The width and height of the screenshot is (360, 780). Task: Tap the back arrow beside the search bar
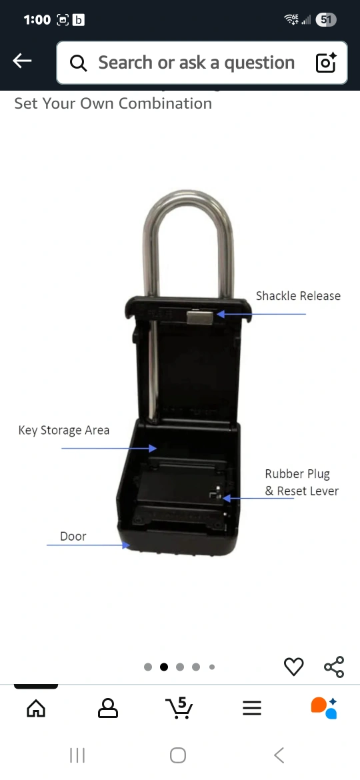click(22, 61)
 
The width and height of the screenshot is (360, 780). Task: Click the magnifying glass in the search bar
click(79, 63)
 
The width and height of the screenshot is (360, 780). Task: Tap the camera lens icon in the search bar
click(326, 63)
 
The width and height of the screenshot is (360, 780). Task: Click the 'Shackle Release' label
click(298, 296)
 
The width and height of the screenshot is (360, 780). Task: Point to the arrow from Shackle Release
click(261, 314)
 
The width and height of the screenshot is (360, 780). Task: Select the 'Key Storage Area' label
click(63, 430)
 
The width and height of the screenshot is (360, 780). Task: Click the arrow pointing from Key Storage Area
click(109, 448)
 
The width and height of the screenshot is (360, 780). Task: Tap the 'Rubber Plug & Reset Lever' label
click(301, 483)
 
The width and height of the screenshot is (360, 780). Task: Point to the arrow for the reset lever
click(258, 498)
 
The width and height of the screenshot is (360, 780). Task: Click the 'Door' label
click(73, 536)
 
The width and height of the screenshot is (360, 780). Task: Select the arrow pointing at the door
click(88, 545)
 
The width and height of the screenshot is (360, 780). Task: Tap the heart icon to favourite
click(293, 667)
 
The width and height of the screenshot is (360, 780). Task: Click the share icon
click(334, 667)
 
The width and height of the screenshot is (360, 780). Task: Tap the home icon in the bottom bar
click(36, 708)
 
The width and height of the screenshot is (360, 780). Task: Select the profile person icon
click(108, 708)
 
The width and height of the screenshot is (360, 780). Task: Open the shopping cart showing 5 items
click(179, 707)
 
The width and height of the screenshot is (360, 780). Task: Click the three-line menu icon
click(252, 709)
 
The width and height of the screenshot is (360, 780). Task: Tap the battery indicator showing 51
click(326, 20)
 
